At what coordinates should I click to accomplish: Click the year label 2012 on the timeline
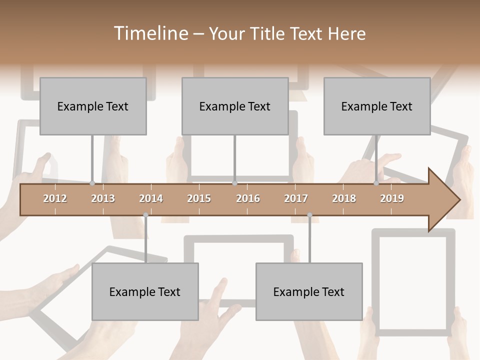click(x=55, y=198)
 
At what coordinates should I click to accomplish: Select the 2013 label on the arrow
click(x=103, y=198)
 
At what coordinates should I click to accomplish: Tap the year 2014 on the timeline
click(x=151, y=198)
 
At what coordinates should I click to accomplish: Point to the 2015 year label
click(x=199, y=198)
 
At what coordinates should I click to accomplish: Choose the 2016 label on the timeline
click(x=248, y=198)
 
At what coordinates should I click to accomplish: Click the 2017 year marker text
click(x=296, y=198)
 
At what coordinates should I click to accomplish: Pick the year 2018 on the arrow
click(x=344, y=198)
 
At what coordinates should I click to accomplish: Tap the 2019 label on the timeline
click(x=392, y=198)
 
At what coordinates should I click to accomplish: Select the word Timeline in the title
click(x=149, y=33)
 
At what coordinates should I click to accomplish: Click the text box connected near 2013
click(x=93, y=106)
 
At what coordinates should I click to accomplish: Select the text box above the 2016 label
click(x=235, y=106)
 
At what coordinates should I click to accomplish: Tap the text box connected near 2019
click(x=377, y=106)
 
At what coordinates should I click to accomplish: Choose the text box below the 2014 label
click(x=145, y=291)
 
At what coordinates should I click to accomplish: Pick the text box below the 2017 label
click(x=309, y=291)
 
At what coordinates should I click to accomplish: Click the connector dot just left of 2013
click(x=92, y=183)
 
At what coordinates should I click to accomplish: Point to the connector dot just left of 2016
click(x=235, y=183)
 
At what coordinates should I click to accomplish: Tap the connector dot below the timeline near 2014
click(x=145, y=215)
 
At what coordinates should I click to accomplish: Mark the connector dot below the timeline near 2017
click(x=309, y=215)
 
